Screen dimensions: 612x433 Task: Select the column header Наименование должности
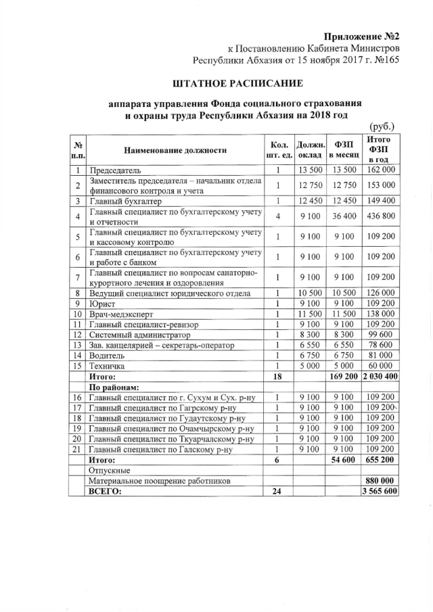pyautogui.click(x=175, y=149)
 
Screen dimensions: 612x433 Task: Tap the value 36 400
pyautogui.click(x=344, y=216)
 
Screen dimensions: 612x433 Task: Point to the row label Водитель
pyautogui.click(x=107, y=355)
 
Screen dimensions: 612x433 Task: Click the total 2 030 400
pyautogui.click(x=380, y=376)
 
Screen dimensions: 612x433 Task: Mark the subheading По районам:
pyautogui.click(x=114, y=387)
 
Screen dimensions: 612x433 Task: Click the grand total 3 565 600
pyautogui.click(x=380, y=492)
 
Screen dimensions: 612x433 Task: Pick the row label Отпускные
pyautogui.click(x=110, y=470)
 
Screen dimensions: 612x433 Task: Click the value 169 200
pyautogui.click(x=344, y=376)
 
